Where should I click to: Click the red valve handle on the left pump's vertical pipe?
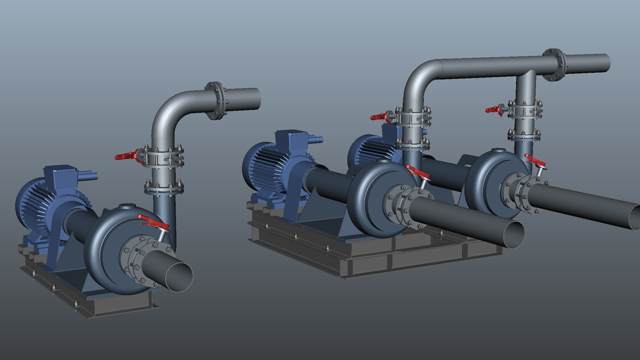pos(126,156)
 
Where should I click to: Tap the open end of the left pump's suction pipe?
pos(179,277)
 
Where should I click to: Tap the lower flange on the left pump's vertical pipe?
pos(164,188)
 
